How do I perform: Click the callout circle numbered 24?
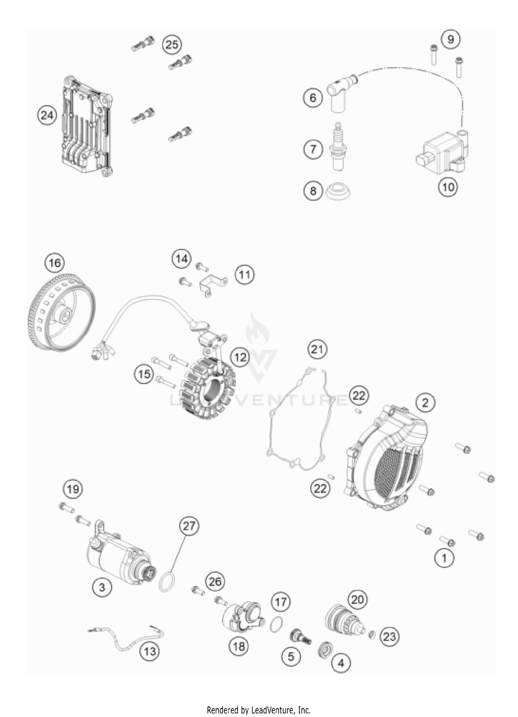[47, 115]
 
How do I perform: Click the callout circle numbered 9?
[450, 39]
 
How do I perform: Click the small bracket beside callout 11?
[212, 285]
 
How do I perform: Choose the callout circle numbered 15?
[144, 374]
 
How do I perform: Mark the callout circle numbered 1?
[444, 558]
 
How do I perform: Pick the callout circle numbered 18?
[239, 646]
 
